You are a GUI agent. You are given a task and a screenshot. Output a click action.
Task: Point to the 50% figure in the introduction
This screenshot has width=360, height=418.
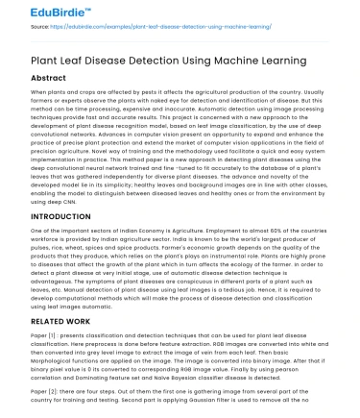(x=252, y=234)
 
